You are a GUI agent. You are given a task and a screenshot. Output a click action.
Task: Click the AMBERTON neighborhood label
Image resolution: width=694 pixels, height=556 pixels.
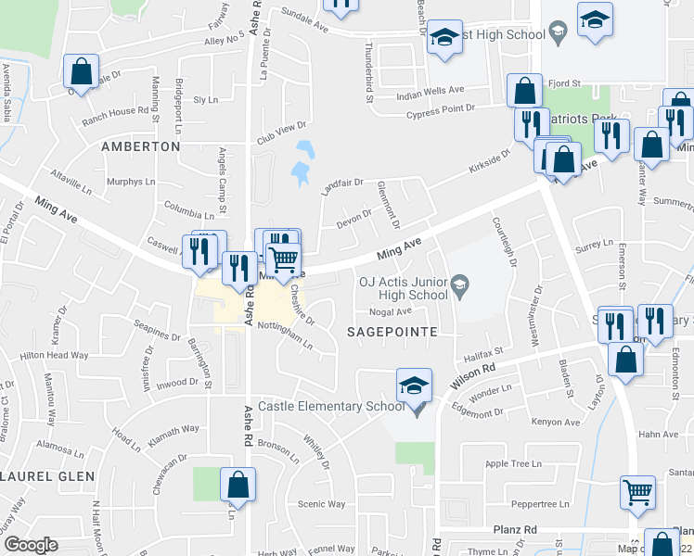point(140,146)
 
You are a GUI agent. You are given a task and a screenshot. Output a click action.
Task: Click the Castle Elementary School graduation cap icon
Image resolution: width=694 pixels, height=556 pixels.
point(414,385)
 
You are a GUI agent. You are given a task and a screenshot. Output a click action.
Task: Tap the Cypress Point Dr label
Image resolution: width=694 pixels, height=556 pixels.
point(441,113)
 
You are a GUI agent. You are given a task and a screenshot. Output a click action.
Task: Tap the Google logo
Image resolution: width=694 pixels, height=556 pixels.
point(31,545)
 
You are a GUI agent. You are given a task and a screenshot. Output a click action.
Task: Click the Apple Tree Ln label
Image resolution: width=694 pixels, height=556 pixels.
point(513,463)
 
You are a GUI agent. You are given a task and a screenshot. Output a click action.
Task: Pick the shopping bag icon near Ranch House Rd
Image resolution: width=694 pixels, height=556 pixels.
point(81,71)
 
